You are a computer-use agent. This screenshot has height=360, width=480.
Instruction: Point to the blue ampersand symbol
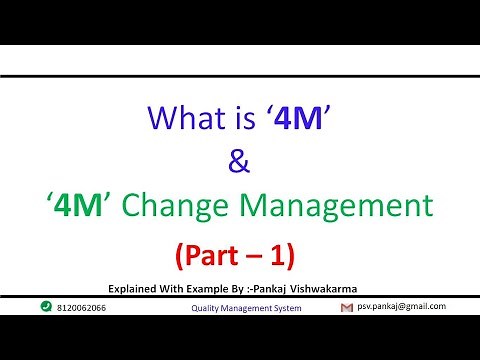[x=239, y=163]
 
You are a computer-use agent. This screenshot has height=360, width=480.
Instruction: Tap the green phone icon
[x=46, y=307]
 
